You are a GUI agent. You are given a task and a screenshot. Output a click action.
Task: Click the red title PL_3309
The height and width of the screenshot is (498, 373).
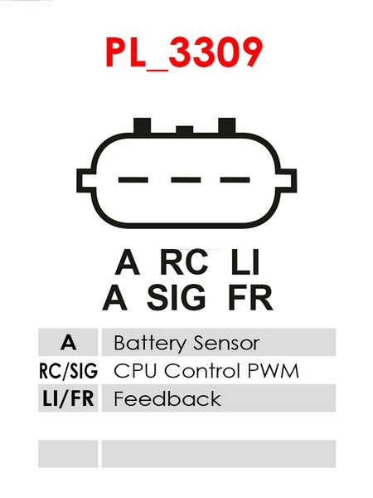[x=184, y=53]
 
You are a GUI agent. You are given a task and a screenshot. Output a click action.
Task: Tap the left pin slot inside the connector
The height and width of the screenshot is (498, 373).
[x=133, y=180]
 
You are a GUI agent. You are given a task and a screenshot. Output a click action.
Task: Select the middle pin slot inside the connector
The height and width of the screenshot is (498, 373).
[x=186, y=180]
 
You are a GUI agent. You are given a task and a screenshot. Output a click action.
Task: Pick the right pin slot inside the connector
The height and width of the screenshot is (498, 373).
[x=235, y=180]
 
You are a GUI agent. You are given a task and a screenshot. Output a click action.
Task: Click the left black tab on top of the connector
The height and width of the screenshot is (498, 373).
[x=142, y=126]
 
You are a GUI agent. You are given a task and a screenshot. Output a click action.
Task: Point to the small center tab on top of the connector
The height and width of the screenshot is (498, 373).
[x=185, y=129]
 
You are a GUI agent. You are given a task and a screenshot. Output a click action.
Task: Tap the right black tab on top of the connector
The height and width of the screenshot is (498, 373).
[x=227, y=126]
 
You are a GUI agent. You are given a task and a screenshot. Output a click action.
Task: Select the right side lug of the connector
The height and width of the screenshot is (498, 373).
[x=288, y=180]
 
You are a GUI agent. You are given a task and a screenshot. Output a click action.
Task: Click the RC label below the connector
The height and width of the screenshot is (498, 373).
[x=184, y=262]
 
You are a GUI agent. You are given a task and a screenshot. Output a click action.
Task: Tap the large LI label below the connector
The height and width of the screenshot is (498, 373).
[x=245, y=262]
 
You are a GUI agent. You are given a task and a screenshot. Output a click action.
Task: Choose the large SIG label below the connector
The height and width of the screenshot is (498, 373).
[x=177, y=298]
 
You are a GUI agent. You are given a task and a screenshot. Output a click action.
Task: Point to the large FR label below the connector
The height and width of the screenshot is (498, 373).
[x=250, y=298]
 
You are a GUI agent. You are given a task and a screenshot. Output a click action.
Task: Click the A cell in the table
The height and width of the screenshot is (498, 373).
[x=68, y=342]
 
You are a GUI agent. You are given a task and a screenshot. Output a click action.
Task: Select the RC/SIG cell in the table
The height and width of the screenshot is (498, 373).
[x=68, y=370]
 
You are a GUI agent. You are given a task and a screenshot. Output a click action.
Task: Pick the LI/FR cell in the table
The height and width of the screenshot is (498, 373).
[x=68, y=398]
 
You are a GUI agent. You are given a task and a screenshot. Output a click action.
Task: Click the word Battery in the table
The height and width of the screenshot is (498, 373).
[x=150, y=344]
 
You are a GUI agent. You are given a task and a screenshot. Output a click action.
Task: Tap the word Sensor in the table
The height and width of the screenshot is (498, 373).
[x=226, y=344]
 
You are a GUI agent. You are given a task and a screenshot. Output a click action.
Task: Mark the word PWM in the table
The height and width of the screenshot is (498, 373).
[x=273, y=371]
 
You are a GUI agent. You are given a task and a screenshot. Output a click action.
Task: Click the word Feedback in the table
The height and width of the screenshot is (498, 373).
[x=167, y=398]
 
